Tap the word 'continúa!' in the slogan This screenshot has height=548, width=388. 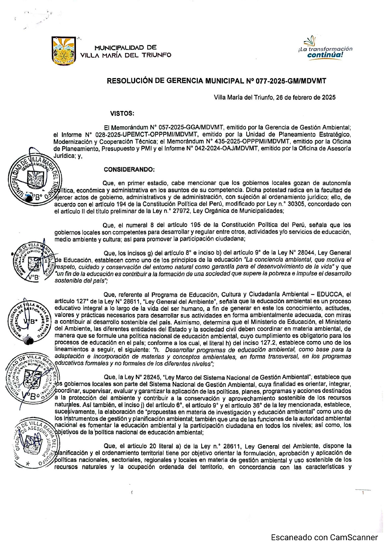(325, 55)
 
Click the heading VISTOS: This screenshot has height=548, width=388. (122, 114)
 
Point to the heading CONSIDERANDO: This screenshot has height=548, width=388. (129, 170)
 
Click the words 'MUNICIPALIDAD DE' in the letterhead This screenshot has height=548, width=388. (125, 48)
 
